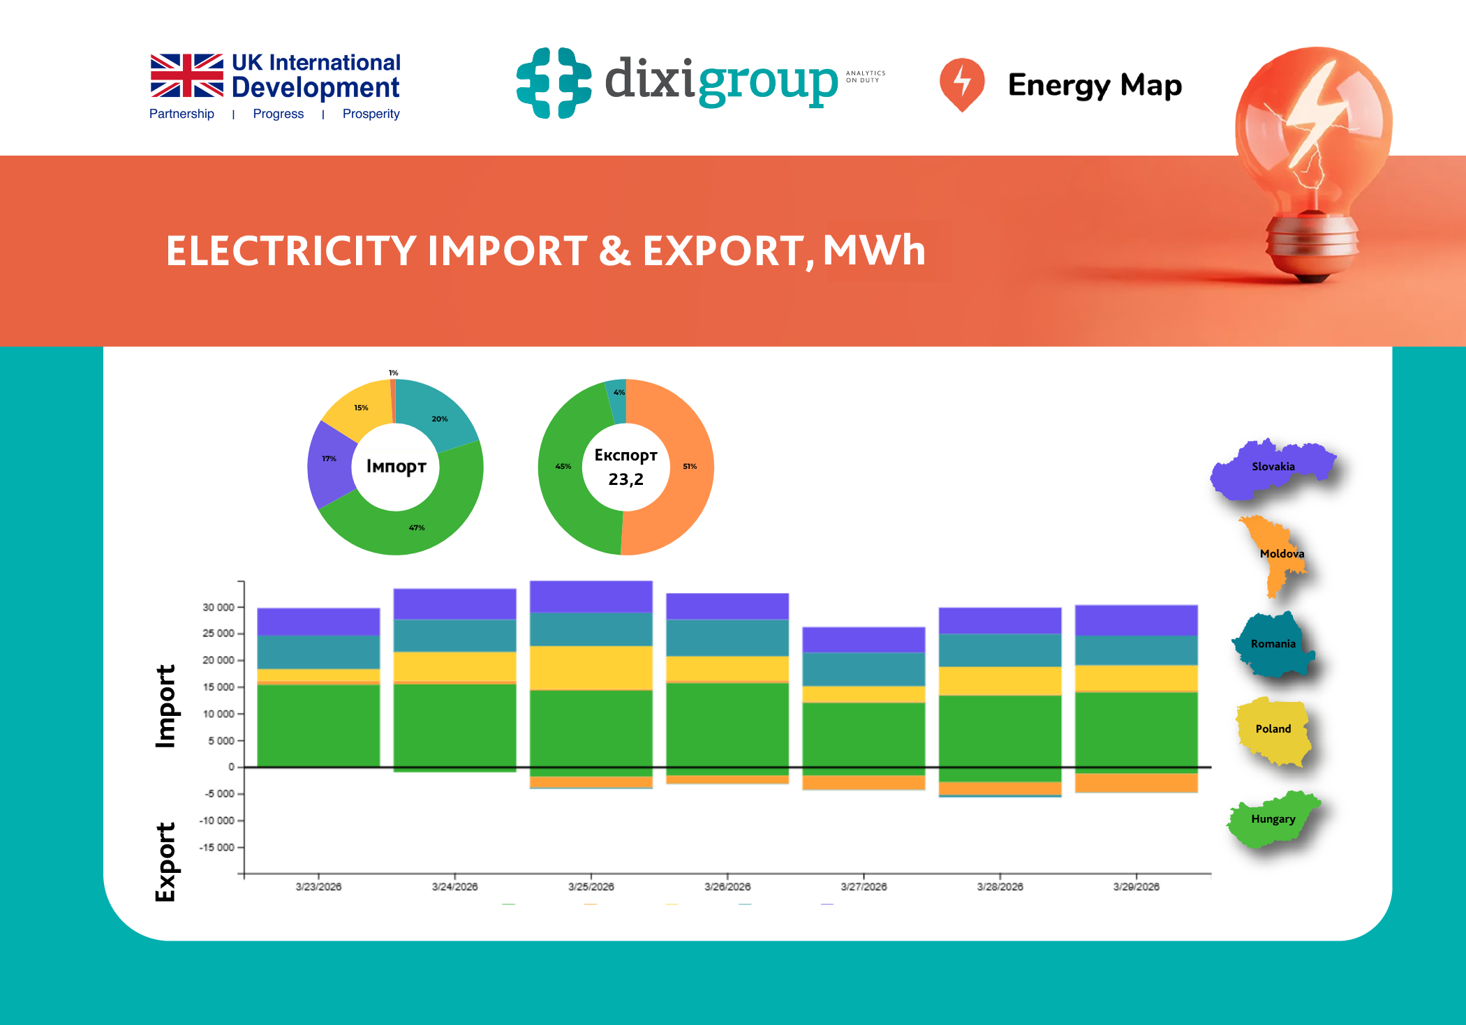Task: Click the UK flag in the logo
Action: pyautogui.click(x=186, y=75)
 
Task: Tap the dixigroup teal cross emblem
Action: pyautogui.click(x=554, y=82)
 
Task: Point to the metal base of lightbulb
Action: pyautogui.click(x=1312, y=244)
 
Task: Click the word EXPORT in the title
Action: pyautogui.click(x=722, y=251)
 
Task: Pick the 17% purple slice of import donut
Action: pyautogui.click(x=329, y=462)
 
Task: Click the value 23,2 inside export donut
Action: pyautogui.click(x=625, y=479)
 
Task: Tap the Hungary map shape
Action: pyautogui.click(x=1272, y=820)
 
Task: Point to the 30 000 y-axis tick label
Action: pyautogui.click(x=218, y=607)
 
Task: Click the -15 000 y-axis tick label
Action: pyautogui.click(x=216, y=847)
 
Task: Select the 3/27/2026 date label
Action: pyautogui.click(x=864, y=887)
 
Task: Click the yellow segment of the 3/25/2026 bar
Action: pyautogui.click(x=591, y=668)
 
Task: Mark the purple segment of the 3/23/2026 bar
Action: pyautogui.click(x=318, y=621)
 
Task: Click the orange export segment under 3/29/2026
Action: pyautogui.click(x=1136, y=783)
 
